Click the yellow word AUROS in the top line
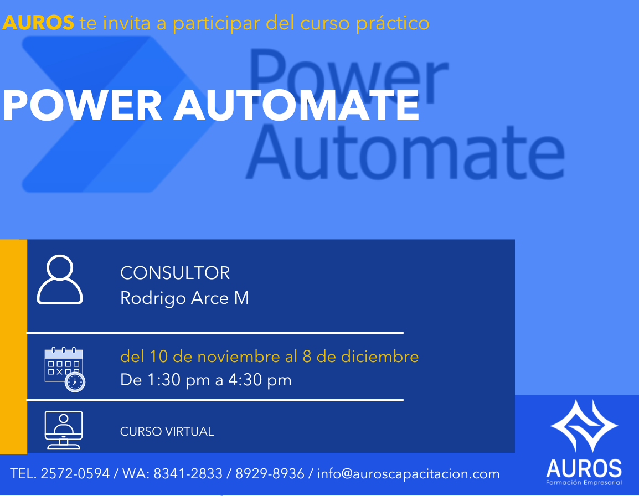click(38, 22)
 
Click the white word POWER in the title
click(83, 105)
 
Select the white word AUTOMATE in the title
click(297, 105)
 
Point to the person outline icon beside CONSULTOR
click(60, 280)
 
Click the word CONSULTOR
click(175, 273)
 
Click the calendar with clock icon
click(65, 370)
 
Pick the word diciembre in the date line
click(380, 356)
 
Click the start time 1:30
click(164, 380)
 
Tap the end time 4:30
click(245, 380)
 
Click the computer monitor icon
click(64, 430)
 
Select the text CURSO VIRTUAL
click(167, 432)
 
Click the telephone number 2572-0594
click(75, 474)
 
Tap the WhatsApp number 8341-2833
click(188, 474)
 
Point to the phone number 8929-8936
click(270, 474)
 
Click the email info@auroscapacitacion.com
click(408, 474)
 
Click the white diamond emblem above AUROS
click(584, 426)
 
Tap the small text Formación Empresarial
click(584, 483)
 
